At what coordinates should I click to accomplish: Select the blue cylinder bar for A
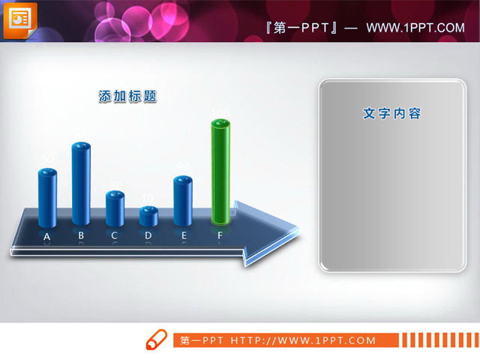[x=48, y=198]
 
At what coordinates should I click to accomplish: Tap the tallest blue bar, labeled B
[x=81, y=184]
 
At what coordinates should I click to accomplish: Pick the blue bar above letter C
[x=115, y=208]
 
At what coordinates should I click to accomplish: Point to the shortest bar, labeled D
[x=148, y=216]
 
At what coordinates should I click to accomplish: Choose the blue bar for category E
[x=183, y=201]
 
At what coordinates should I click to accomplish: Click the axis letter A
[x=47, y=237]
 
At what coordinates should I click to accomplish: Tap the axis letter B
[x=81, y=235]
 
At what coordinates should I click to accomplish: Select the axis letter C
[x=114, y=235]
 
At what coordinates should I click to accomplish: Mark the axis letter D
[x=148, y=235]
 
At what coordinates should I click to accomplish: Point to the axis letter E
[x=184, y=235]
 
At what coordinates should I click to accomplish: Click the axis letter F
[x=220, y=235]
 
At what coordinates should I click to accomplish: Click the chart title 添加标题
[x=128, y=97]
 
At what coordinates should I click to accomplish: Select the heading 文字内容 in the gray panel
[x=391, y=114]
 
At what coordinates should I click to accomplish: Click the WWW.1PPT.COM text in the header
[x=415, y=28]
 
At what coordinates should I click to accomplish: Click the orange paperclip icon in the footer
[x=155, y=338]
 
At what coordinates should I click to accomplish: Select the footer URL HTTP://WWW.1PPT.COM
[x=303, y=340]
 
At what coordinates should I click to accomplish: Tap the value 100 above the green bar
[x=220, y=113]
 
